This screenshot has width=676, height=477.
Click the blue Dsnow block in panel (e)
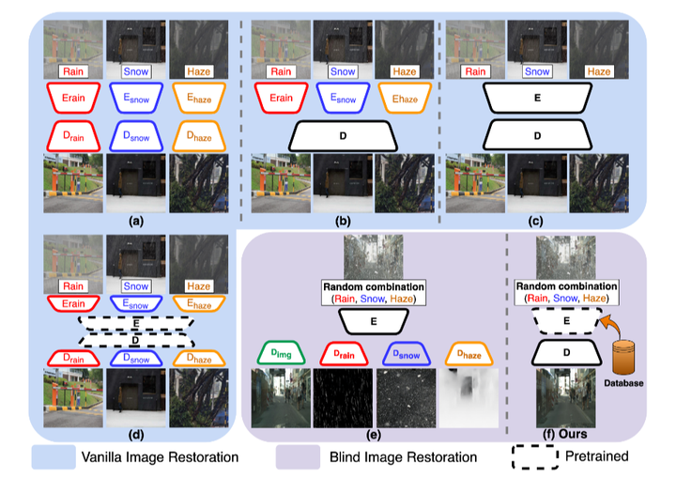click(x=405, y=353)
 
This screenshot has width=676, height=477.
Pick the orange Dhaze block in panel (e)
click(x=469, y=353)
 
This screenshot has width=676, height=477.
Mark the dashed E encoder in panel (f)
click(x=565, y=319)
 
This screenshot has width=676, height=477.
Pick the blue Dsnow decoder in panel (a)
click(x=135, y=136)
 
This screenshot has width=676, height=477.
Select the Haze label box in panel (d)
click(x=200, y=285)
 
